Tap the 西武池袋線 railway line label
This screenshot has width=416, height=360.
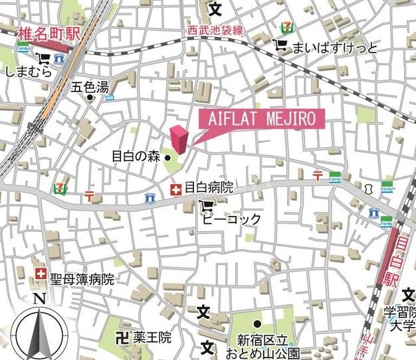point(215,31)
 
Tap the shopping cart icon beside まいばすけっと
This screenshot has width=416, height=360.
point(280,46)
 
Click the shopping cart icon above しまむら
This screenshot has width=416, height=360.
point(44,58)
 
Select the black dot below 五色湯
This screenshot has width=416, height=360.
point(90,98)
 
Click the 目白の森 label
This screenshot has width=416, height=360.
point(136,157)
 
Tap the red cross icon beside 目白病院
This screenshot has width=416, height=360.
point(175,190)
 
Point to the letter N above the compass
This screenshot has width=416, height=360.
point(39,299)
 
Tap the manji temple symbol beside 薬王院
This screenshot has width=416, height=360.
point(122,338)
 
